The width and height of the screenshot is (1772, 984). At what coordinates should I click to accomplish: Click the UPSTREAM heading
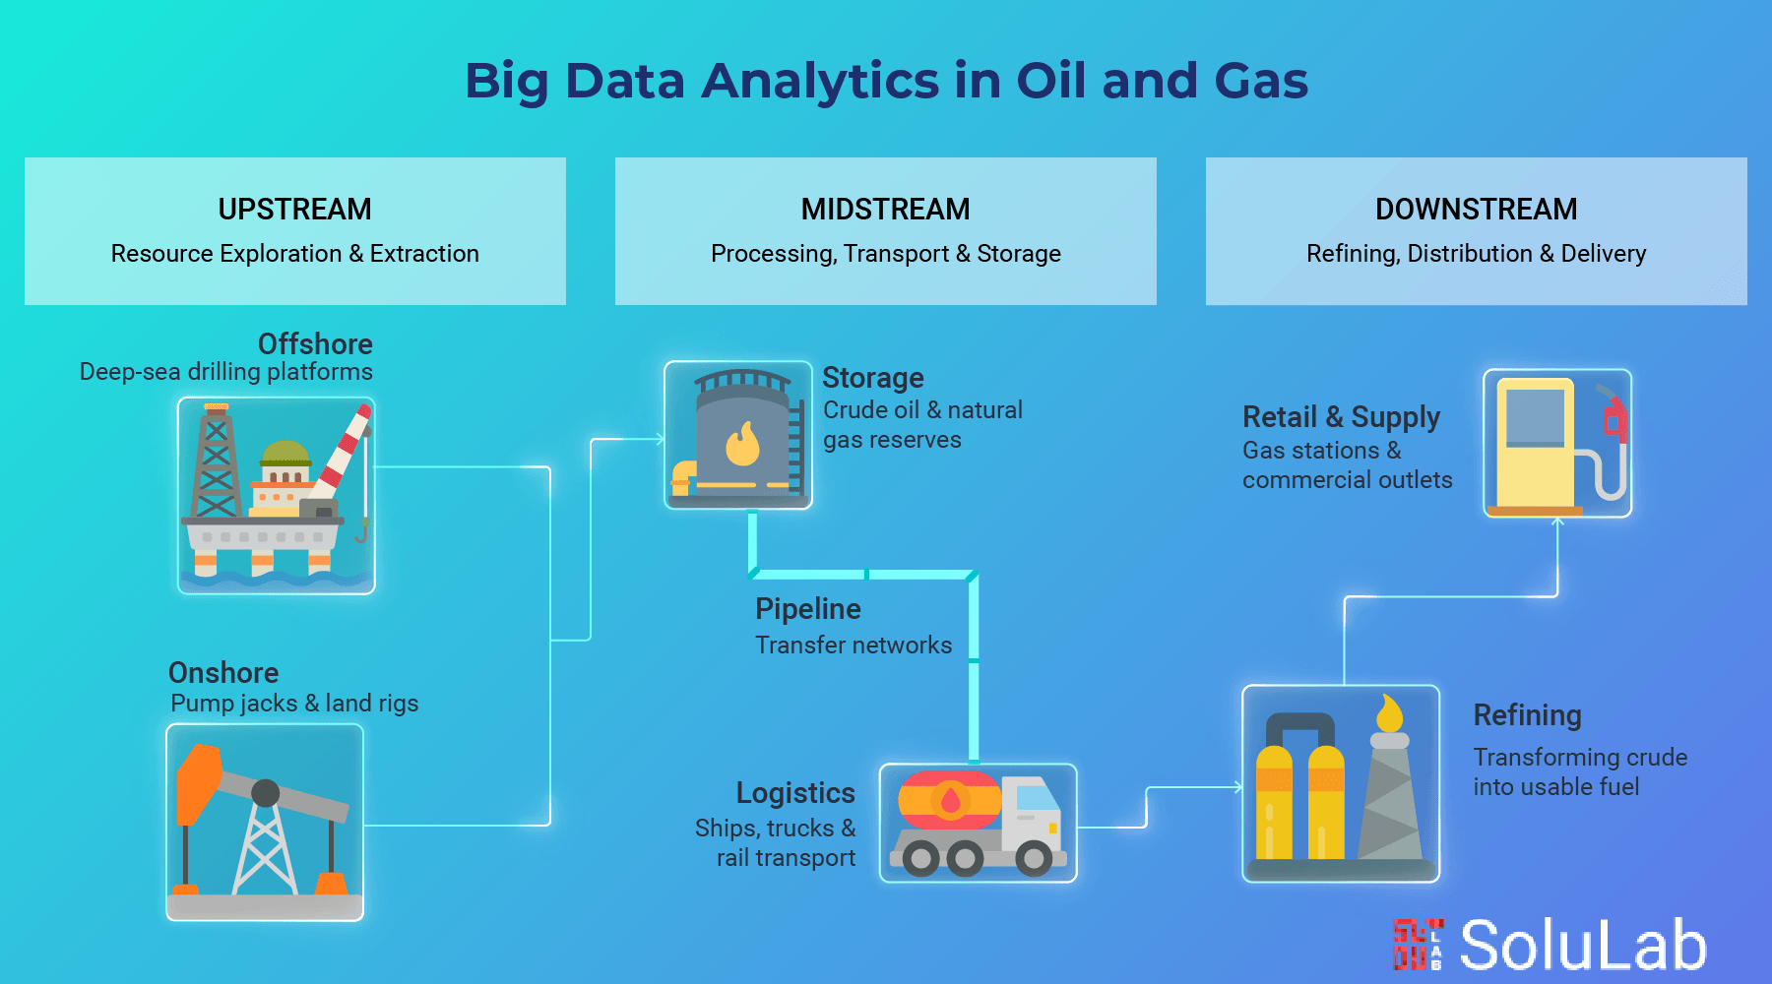(x=294, y=209)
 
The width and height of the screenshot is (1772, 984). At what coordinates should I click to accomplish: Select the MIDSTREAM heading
(x=885, y=209)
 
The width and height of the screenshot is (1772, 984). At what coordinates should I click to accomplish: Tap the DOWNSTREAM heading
(x=1476, y=209)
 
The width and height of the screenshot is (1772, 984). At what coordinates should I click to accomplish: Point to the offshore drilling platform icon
(x=276, y=495)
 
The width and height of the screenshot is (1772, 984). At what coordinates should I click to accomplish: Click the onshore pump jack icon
(x=265, y=823)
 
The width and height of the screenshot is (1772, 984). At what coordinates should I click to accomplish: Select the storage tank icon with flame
(x=738, y=435)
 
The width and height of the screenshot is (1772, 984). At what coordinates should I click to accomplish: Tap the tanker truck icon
(x=978, y=824)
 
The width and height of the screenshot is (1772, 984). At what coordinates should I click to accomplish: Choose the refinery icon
(x=1341, y=783)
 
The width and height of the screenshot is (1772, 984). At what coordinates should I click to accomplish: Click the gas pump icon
(x=1557, y=443)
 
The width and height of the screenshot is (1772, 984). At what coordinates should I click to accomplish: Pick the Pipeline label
(x=807, y=609)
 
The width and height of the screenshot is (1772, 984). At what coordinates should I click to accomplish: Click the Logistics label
(x=795, y=793)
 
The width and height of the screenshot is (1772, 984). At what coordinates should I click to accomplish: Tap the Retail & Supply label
(x=1341, y=417)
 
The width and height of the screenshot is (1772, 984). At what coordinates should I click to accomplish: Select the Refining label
(x=1527, y=715)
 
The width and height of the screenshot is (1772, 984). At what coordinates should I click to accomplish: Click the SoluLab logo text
(x=1582, y=946)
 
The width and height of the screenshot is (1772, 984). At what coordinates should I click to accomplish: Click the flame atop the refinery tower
(x=1389, y=712)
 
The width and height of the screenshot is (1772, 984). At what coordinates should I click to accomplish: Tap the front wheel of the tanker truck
(x=1034, y=858)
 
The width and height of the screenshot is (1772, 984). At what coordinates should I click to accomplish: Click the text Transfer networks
(x=853, y=646)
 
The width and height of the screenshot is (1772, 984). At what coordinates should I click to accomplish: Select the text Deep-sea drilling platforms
(x=225, y=372)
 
